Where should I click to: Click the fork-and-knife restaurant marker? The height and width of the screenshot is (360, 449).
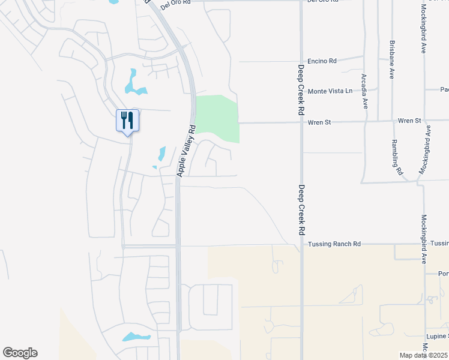coord(127,120)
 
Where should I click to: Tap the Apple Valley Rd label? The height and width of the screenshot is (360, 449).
coord(185,150)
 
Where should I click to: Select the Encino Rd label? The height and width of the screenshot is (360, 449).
coord(322,61)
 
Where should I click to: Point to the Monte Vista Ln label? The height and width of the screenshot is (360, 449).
coord(330,91)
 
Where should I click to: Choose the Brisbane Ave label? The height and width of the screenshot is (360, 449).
coord(391,60)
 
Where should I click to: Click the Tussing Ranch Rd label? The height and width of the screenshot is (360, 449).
coord(334,244)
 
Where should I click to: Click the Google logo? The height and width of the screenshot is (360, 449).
coord(20,353)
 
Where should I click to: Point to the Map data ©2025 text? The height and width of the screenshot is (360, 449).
coord(424,355)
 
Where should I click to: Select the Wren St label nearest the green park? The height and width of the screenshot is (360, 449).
coord(319,122)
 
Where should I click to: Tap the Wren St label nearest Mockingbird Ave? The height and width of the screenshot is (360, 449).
coord(409,121)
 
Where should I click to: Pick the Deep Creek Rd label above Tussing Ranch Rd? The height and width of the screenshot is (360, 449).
coord(301,209)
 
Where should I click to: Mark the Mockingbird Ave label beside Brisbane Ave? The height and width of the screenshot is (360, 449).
coord(423,29)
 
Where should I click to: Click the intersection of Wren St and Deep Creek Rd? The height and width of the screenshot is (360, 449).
coord(301,122)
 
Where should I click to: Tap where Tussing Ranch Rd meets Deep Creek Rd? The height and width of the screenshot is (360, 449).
coord(301,244)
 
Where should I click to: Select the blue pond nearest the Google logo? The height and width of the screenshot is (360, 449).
coord(136,337)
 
